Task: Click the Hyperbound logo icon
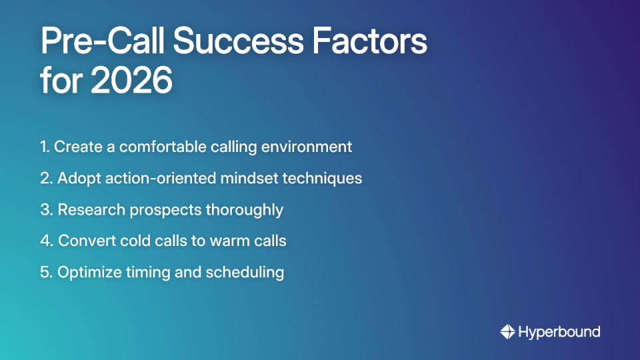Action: click(507, 331)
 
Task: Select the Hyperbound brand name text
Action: click(559, 331)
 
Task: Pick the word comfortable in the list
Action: click(151, 147)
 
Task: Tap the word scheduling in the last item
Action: click(247, 272)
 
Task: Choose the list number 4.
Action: click(45, 241)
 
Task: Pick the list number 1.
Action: click(44, 147)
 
